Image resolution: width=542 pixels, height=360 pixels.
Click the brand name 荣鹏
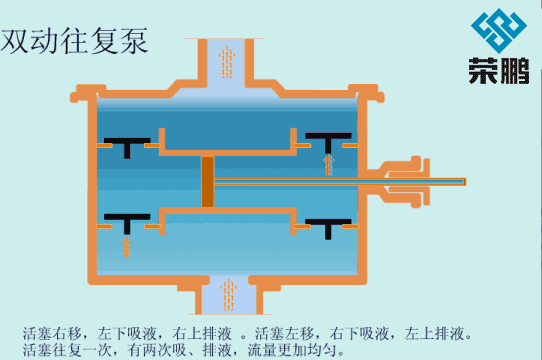pyautogui.click(x=498, y=72)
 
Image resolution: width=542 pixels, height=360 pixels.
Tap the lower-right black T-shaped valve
pyautogui.click(x=329, y=224)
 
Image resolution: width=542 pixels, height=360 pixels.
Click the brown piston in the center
pyautogui.click(x=208, y=182)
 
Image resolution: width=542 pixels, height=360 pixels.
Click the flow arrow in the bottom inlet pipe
pyautogui.click(x=228, y=293)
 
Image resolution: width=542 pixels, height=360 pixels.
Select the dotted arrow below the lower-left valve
pyautogui.click(x=126, y=245)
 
